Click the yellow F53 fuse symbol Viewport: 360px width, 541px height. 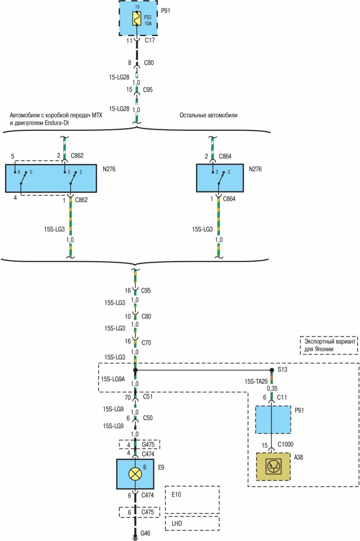137,19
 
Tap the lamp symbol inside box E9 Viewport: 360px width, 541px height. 135,473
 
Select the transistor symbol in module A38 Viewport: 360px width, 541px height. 273,467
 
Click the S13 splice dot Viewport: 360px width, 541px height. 272,370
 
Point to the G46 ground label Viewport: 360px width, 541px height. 145,533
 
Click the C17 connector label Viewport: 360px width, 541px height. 150,40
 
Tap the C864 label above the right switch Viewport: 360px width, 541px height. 225,156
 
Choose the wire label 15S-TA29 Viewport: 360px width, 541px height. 256,381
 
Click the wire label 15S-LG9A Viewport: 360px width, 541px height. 113,379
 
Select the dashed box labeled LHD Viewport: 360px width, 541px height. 192,523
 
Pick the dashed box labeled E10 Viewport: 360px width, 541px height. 192,500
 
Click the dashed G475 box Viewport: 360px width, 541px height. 139,444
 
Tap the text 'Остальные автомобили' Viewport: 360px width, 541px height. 208,115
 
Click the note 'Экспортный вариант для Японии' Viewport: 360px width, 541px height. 329,345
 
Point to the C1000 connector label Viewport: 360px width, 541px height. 285,444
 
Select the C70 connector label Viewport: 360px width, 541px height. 146,343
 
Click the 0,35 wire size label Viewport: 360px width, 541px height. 272,388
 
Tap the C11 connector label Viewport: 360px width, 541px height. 282,397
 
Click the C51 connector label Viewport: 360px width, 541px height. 148,397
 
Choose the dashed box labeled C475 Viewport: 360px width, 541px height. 139,512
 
